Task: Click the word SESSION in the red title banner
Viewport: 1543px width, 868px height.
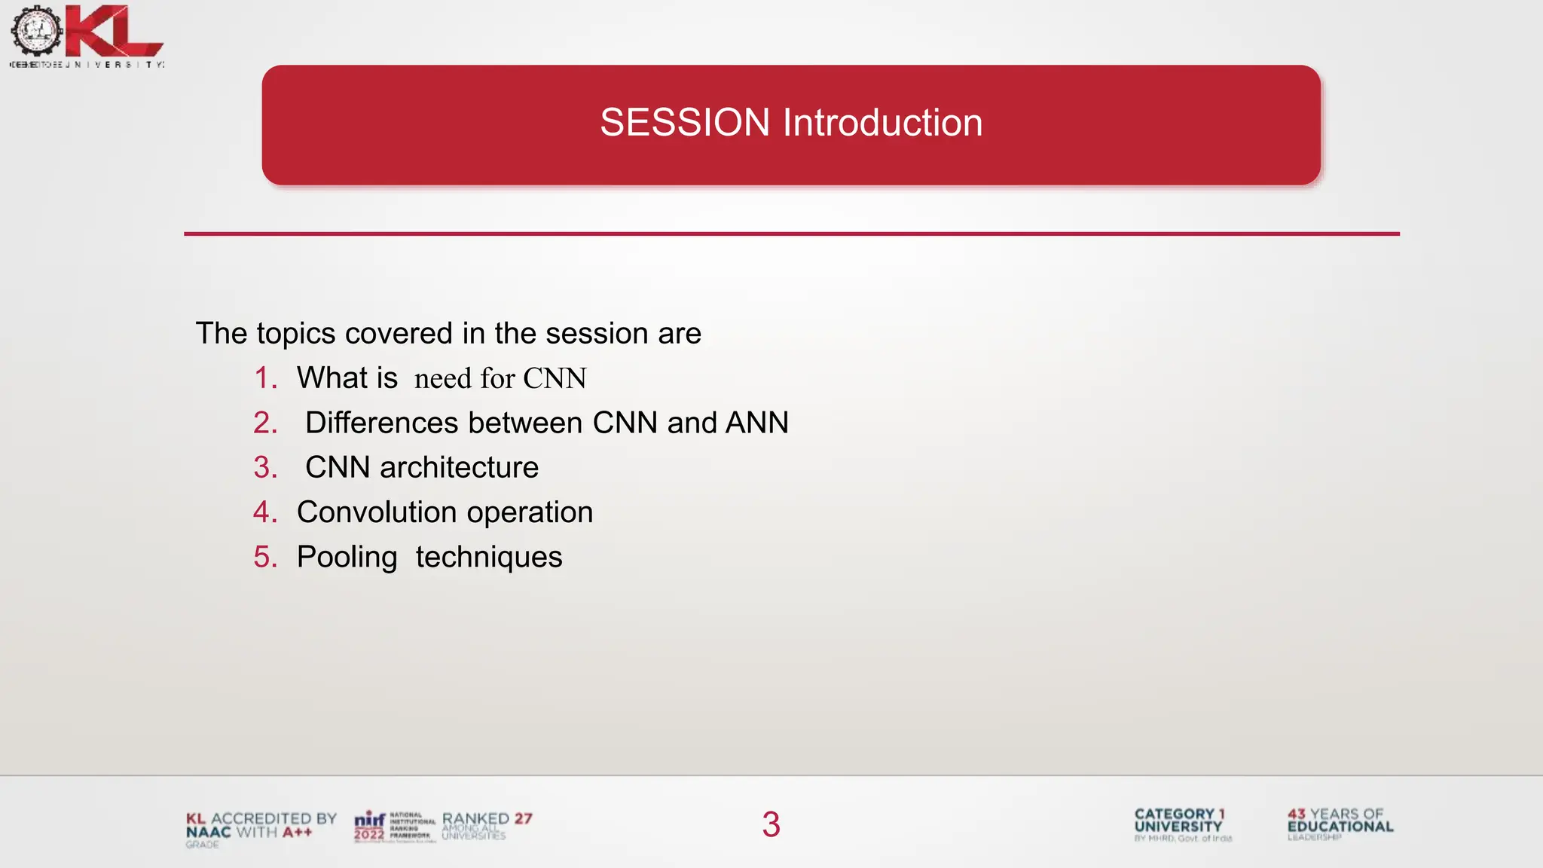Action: [x=684, y=123]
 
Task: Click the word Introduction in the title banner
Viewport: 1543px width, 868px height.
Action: [x=882, y=123]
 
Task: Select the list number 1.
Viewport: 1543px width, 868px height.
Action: [x=264, y=378]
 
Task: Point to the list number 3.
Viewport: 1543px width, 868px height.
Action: [x=264, y=468]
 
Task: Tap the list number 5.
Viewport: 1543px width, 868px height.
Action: [x=264, y=558]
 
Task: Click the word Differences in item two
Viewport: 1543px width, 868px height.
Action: [x=381, y=423]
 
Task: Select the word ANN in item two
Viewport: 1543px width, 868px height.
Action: [x=756, y=423]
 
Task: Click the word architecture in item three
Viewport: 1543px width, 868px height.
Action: [x=459, y=468]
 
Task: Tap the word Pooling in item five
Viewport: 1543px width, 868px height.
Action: [x=347, y=558]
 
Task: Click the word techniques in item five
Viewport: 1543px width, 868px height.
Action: [x=488, y=558]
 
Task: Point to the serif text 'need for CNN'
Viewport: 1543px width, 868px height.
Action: [x=500, y=378]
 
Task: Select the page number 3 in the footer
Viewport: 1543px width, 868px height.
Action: [x=771, y=824]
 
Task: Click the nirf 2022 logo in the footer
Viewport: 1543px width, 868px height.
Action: [x=370, y=826]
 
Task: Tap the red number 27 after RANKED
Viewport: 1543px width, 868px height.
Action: [x=524, y=818]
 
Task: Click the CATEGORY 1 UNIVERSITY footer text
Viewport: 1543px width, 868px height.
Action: [x=1179, y=821]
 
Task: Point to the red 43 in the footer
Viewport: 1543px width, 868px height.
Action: [x=1296, y=814]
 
